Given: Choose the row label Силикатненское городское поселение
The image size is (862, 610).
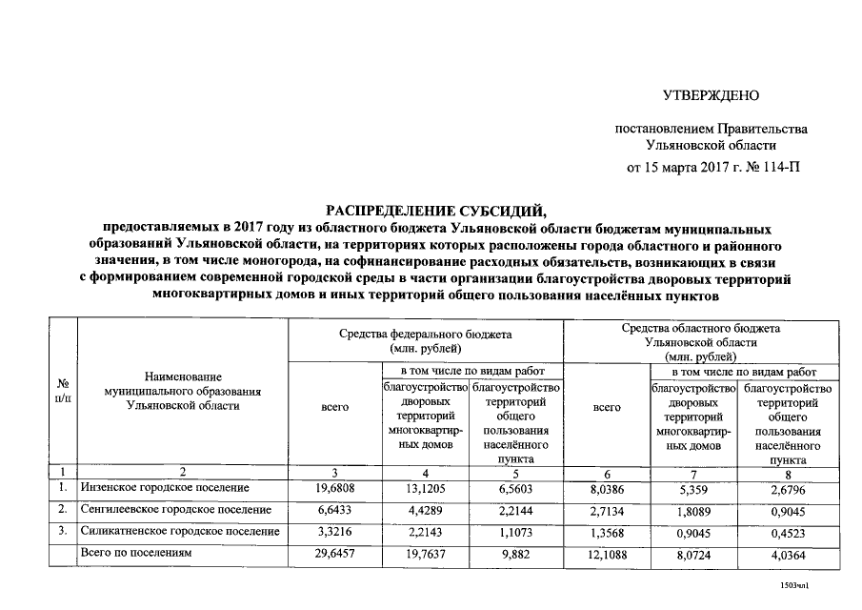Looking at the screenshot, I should tap(180, 531).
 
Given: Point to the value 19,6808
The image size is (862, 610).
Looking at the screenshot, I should tap(335, 488).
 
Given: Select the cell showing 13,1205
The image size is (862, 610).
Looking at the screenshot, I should tap(425, 488).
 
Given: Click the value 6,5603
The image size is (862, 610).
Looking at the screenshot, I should tap(514, 488).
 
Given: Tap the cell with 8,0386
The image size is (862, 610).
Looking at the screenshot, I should tap(606, 488).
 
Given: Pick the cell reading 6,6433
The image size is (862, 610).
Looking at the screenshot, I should tap(335, 509).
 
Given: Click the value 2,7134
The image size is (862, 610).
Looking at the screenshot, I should tap(606, 509).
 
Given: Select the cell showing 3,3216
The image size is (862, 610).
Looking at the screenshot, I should tap(335, 531).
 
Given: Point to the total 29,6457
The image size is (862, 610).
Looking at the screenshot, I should tap(335, 553).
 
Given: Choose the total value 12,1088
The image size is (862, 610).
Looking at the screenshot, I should tap(606, 553).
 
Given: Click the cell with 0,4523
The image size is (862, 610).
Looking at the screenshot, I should tap(787, 531).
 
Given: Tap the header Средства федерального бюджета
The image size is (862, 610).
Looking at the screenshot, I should tap(425, 335).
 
